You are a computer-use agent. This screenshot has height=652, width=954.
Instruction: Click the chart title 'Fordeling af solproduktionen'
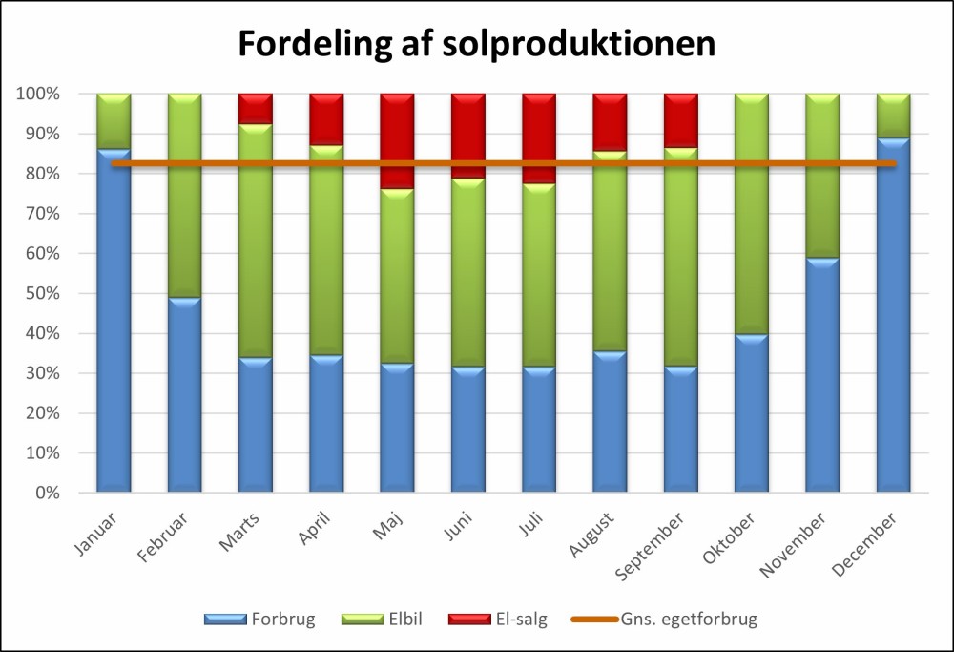tap(476, 44)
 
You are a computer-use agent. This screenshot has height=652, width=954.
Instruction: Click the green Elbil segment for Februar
tap(184, 196)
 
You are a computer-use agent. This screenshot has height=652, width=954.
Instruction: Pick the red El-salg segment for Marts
tap(256, 108)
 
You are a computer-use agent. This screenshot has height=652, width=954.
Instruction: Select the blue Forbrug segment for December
tap(894, 315)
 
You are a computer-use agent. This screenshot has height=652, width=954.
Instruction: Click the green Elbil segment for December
tap(894, 116)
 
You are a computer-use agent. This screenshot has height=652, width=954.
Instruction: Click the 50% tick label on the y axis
tap(39, 294)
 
